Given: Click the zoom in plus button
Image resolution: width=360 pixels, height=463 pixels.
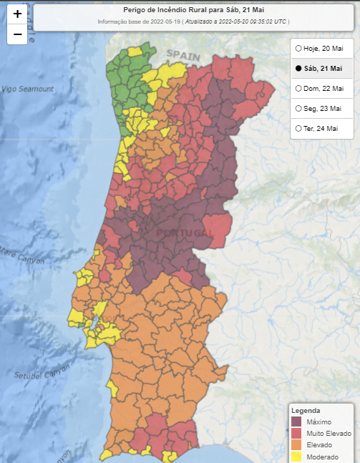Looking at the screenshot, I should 17,14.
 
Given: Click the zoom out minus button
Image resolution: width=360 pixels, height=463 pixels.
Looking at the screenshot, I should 17,34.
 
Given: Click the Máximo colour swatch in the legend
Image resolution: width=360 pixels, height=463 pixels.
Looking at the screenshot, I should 296,422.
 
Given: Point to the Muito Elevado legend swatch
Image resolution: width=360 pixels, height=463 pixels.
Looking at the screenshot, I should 296,434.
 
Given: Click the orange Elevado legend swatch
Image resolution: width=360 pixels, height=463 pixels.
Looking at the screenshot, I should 296,445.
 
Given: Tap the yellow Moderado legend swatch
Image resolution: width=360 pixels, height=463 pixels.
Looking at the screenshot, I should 296,457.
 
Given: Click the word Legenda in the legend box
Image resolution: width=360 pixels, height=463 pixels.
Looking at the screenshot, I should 305,411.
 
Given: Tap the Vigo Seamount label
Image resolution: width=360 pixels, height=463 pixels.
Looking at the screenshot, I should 27,89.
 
